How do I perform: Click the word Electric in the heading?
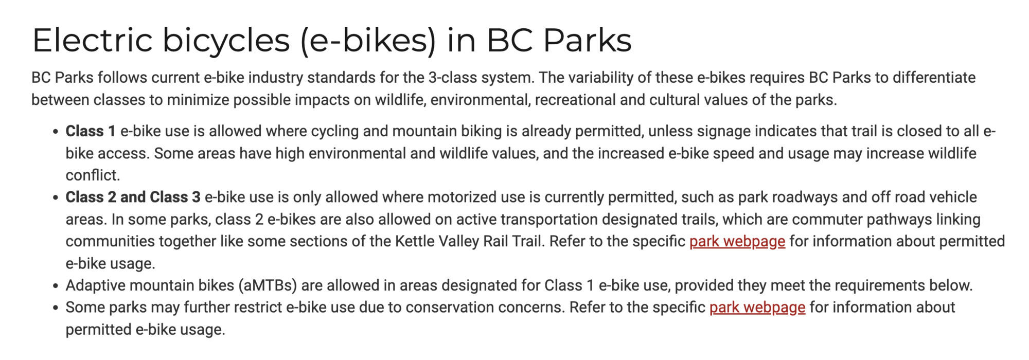click(93, 40)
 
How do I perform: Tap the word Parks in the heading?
click(587, 40)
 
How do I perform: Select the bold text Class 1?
click(90, 131)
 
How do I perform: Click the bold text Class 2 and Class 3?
click(133, 197)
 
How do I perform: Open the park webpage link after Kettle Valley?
click(737, 241)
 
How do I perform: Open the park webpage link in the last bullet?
click(757, 307)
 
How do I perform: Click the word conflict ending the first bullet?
click(93, 175)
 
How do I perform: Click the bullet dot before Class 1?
click(56, 132)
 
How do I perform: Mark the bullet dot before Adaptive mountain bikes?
click(56, 286)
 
